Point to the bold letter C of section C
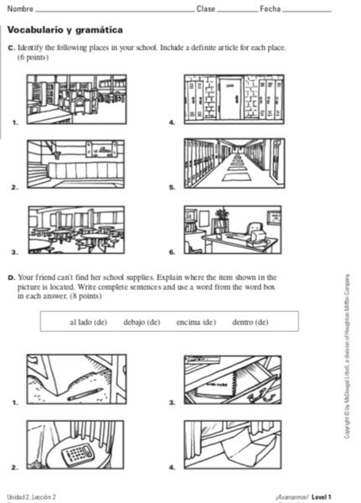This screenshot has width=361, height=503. [10, 48]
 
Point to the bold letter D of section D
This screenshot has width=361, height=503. [10, 276]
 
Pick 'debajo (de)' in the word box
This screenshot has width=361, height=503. [142, 322]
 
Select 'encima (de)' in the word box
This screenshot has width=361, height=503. [196, 322]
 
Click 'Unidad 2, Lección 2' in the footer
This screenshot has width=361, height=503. [31, 497]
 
